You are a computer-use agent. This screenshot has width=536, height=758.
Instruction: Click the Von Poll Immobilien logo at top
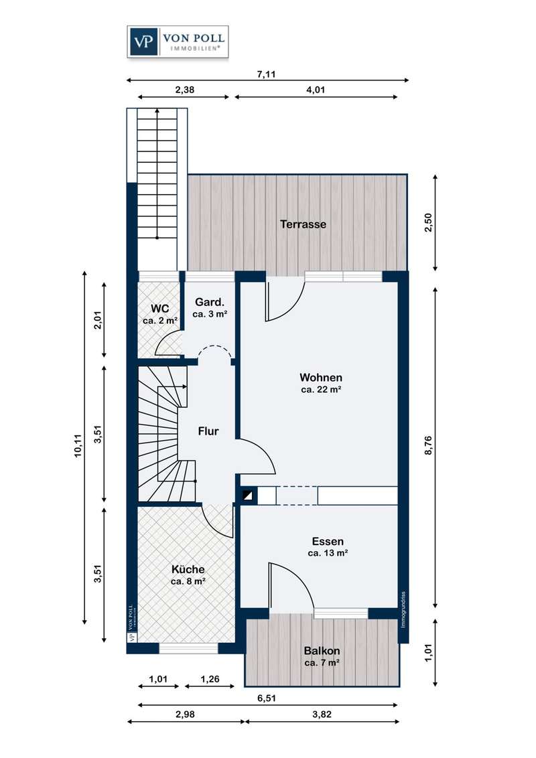[x=178, y=42]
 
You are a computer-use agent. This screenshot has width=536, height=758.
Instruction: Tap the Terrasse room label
[x=304, y=224]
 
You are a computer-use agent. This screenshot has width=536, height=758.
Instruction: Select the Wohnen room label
[x=321, y=378]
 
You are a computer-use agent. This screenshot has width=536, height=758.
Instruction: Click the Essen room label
[x=328, y=542]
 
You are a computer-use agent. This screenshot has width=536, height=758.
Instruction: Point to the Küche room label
[x=188, y=569]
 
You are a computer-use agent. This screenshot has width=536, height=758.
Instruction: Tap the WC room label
[x=160, y=309]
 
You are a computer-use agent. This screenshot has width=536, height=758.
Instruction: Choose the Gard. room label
[x=210, y=303]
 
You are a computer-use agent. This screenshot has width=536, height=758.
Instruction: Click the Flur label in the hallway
[x=208, y=431]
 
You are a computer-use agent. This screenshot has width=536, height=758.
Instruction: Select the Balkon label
[x=322, y=651]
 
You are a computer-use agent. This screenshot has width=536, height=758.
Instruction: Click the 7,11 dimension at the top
[x=266, y=74]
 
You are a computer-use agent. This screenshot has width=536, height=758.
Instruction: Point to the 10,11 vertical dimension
[x=78, y=446]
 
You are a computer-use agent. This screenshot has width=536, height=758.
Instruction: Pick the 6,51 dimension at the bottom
[x=267, y=698]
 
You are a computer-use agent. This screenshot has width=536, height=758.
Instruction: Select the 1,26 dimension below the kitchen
[x=210, y=679]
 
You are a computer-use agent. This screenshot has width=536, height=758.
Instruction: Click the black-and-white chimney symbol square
[x=248, y=495]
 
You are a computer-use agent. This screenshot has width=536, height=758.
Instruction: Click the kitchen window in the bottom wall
[x=189, y=648]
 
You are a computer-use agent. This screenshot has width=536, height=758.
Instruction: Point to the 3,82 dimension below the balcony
[x=322, y=714]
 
